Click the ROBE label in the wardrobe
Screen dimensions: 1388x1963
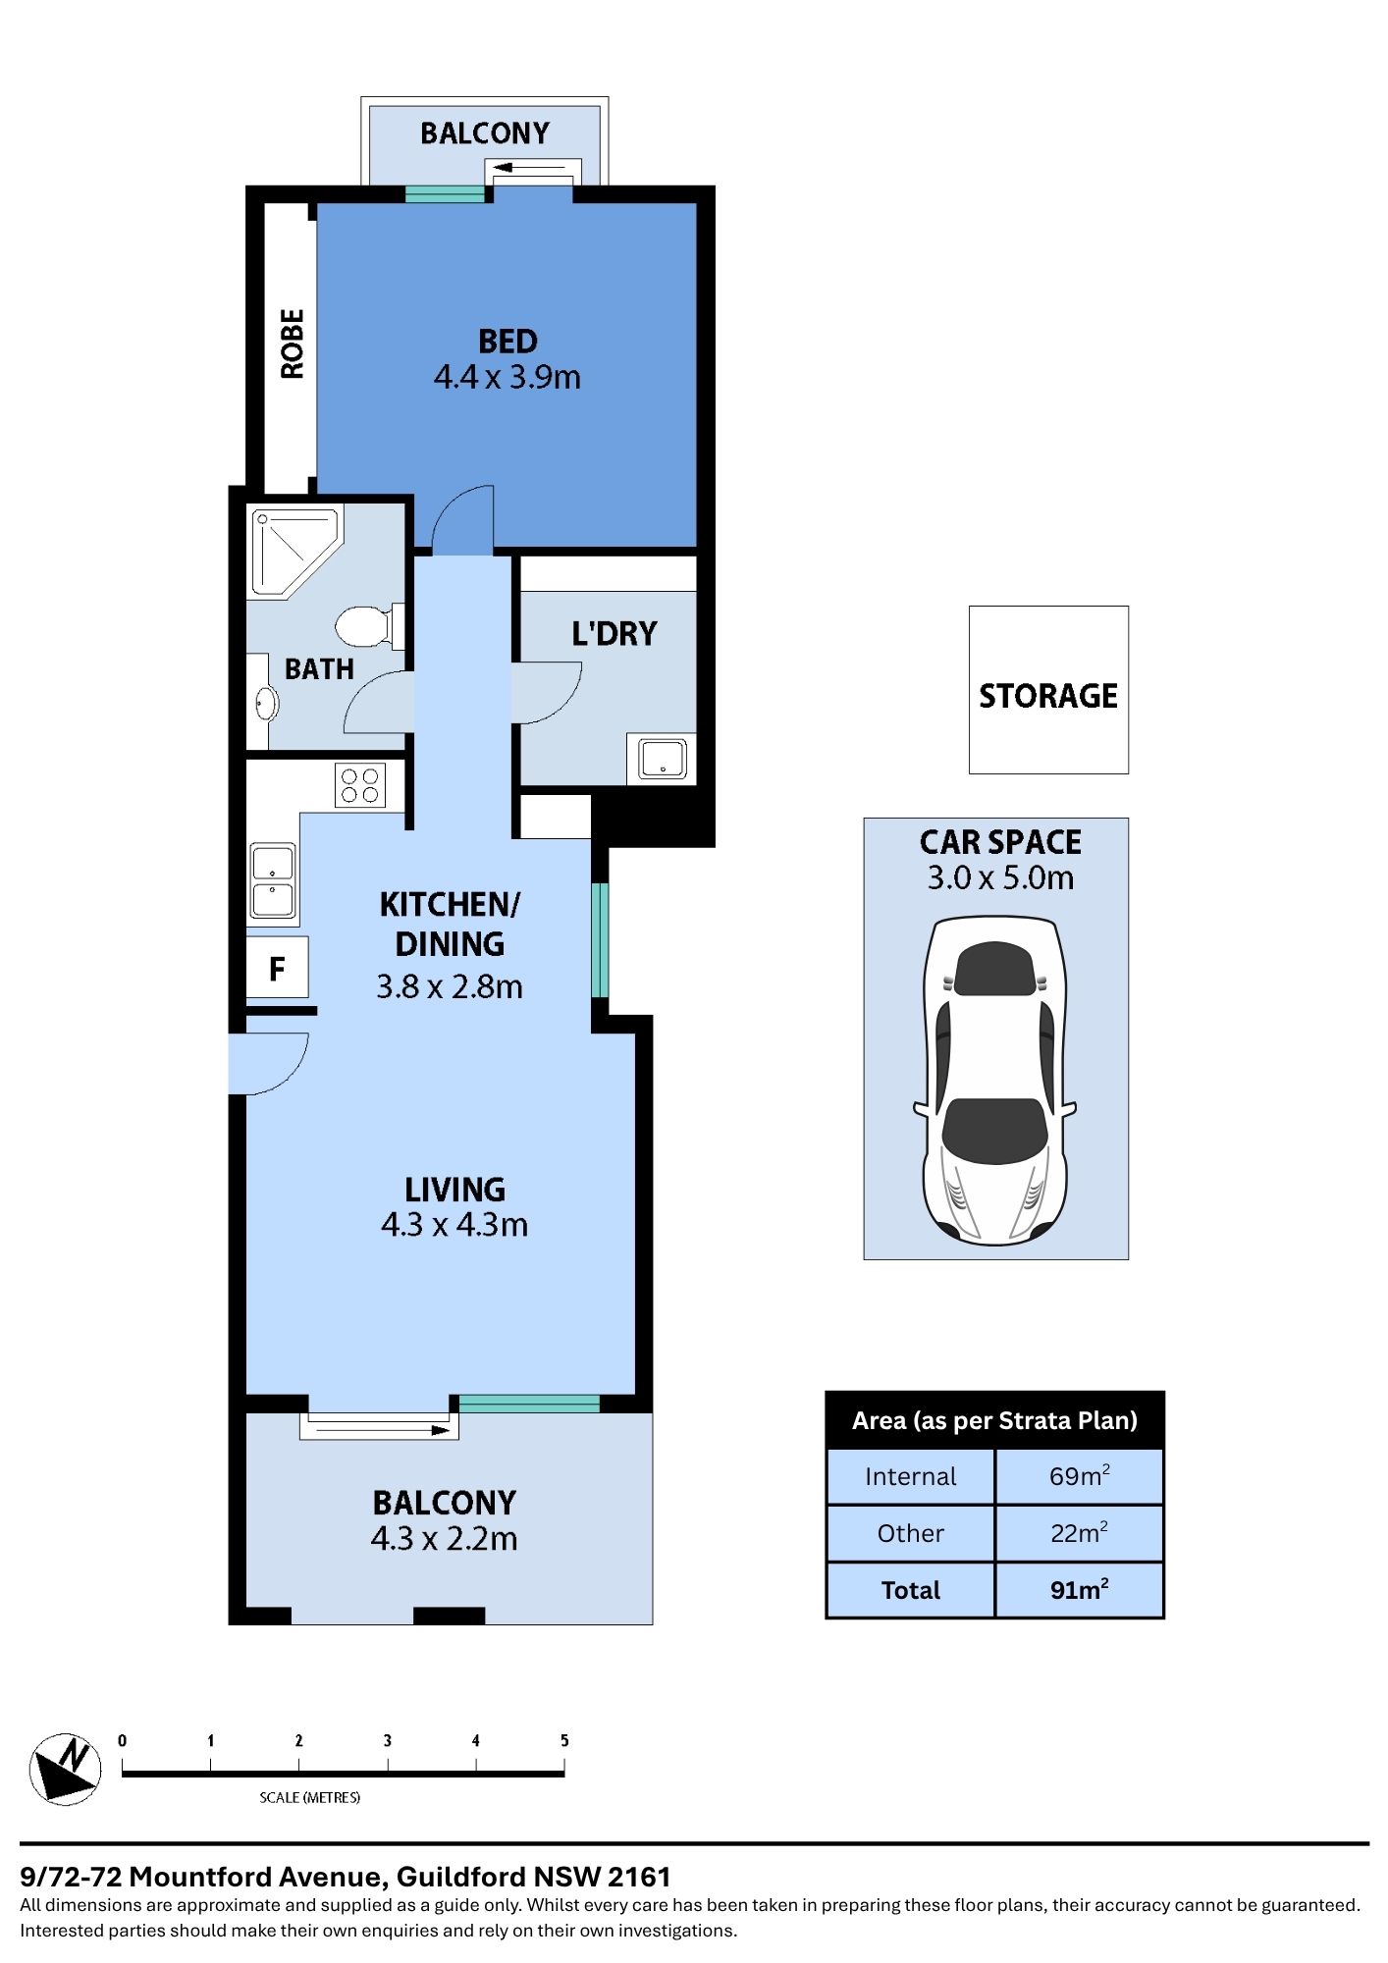pos(293,344)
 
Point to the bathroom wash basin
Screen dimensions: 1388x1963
pos(265,704)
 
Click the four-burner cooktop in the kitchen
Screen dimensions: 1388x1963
pos(359,785)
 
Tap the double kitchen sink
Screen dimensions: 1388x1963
pos(273,879)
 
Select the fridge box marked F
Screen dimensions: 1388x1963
pos(277,969)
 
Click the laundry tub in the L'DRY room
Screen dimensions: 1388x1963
pos(664,759)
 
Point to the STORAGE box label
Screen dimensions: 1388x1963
pos(1048,696)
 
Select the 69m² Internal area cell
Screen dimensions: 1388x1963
pos(1079,1476)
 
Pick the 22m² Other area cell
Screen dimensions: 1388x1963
pos(1079,1533)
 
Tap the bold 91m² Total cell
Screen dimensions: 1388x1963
pos(1079,1590)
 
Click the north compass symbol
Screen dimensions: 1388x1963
pos(65,1768)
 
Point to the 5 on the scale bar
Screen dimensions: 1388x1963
pos(564,1740)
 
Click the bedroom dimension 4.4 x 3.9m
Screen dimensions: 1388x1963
pos(507,377)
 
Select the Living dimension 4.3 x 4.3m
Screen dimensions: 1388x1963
pos(454,1225)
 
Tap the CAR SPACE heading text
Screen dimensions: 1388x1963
pos(1000,842)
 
